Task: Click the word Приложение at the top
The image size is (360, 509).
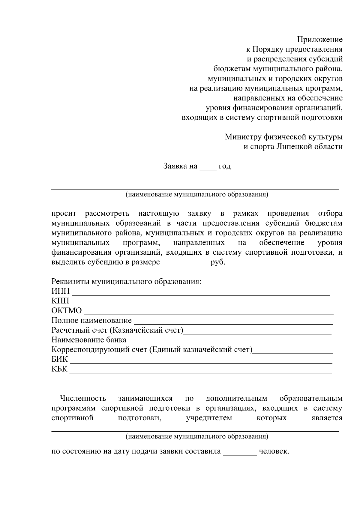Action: (320, 40)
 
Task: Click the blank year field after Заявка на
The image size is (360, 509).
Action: (208, 167)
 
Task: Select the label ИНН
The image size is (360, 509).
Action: (60, 291)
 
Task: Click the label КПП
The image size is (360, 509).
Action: (60, 301)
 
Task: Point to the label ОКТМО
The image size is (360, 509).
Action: (66, 311)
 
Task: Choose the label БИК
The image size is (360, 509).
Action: (60, 359)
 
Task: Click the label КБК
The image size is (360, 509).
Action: (59, 369)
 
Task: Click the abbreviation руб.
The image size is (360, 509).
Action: (218, 262)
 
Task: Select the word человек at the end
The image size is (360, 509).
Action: (274, 451)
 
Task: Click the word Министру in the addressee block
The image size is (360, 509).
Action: (243, 137)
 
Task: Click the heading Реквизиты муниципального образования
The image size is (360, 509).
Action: (126, 282)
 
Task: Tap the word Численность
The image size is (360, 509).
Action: (83, 398)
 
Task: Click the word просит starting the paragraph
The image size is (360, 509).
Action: (64, 214)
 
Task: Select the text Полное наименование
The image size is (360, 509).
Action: (91, 320)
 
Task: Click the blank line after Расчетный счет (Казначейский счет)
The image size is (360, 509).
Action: (257, 332)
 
